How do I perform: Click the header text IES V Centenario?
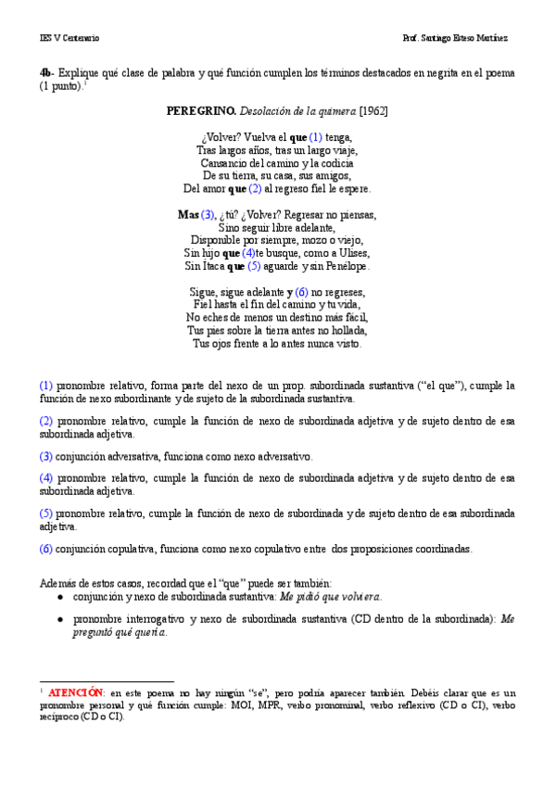point(69,38)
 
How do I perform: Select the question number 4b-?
point(47,72)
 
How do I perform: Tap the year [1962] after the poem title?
point(373,111)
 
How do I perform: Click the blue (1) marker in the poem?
point(316,136)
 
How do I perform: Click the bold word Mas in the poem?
point(188,214)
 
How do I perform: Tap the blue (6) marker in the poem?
point(302,292)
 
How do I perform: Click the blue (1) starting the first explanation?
point(46,386)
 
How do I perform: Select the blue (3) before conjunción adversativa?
point(46,456)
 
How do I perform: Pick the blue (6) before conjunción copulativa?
point(46,548)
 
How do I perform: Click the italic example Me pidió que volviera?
point(331,598)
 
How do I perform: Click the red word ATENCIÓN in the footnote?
point(75,692)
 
